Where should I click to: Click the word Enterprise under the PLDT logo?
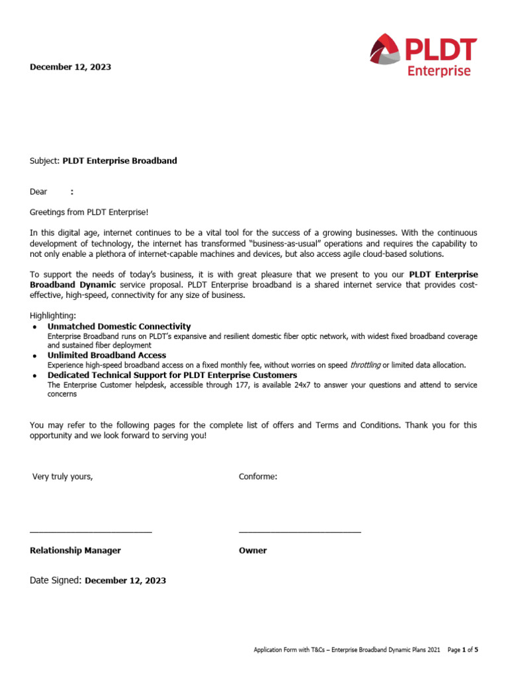pyautogui.click(x=439, y=71)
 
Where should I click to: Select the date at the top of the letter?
pyautogui.click(x=70, y=67)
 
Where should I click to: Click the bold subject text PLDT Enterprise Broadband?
pyautogui.click(x=120, y=161)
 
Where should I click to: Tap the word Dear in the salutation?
pyautogui.click(x=39, y=192)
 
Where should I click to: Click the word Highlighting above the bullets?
pyautogui.click(x=53, y=316)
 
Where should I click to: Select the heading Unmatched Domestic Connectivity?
pyautogui.click(x=119, y=326)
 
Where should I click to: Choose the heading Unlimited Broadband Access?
pyautogui.click(x=106, y=356)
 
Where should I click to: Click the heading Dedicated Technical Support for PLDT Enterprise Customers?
pyautogui.click(x=172, y=375)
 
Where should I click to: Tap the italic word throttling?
pyautogui.click(x=364, y=365)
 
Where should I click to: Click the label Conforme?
pyautogui.click(x=258, y=477)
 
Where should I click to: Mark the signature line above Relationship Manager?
pyautogui.click(x=91, y=532)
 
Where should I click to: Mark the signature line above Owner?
pyautogui.click(x=300, y=532)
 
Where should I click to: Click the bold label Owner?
pyautogui.click(x=253, y=551)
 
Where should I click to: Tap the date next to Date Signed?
pyautogui.click(x=126, y=581)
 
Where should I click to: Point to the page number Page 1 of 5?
pyautogui.click(x=462, y=650)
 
